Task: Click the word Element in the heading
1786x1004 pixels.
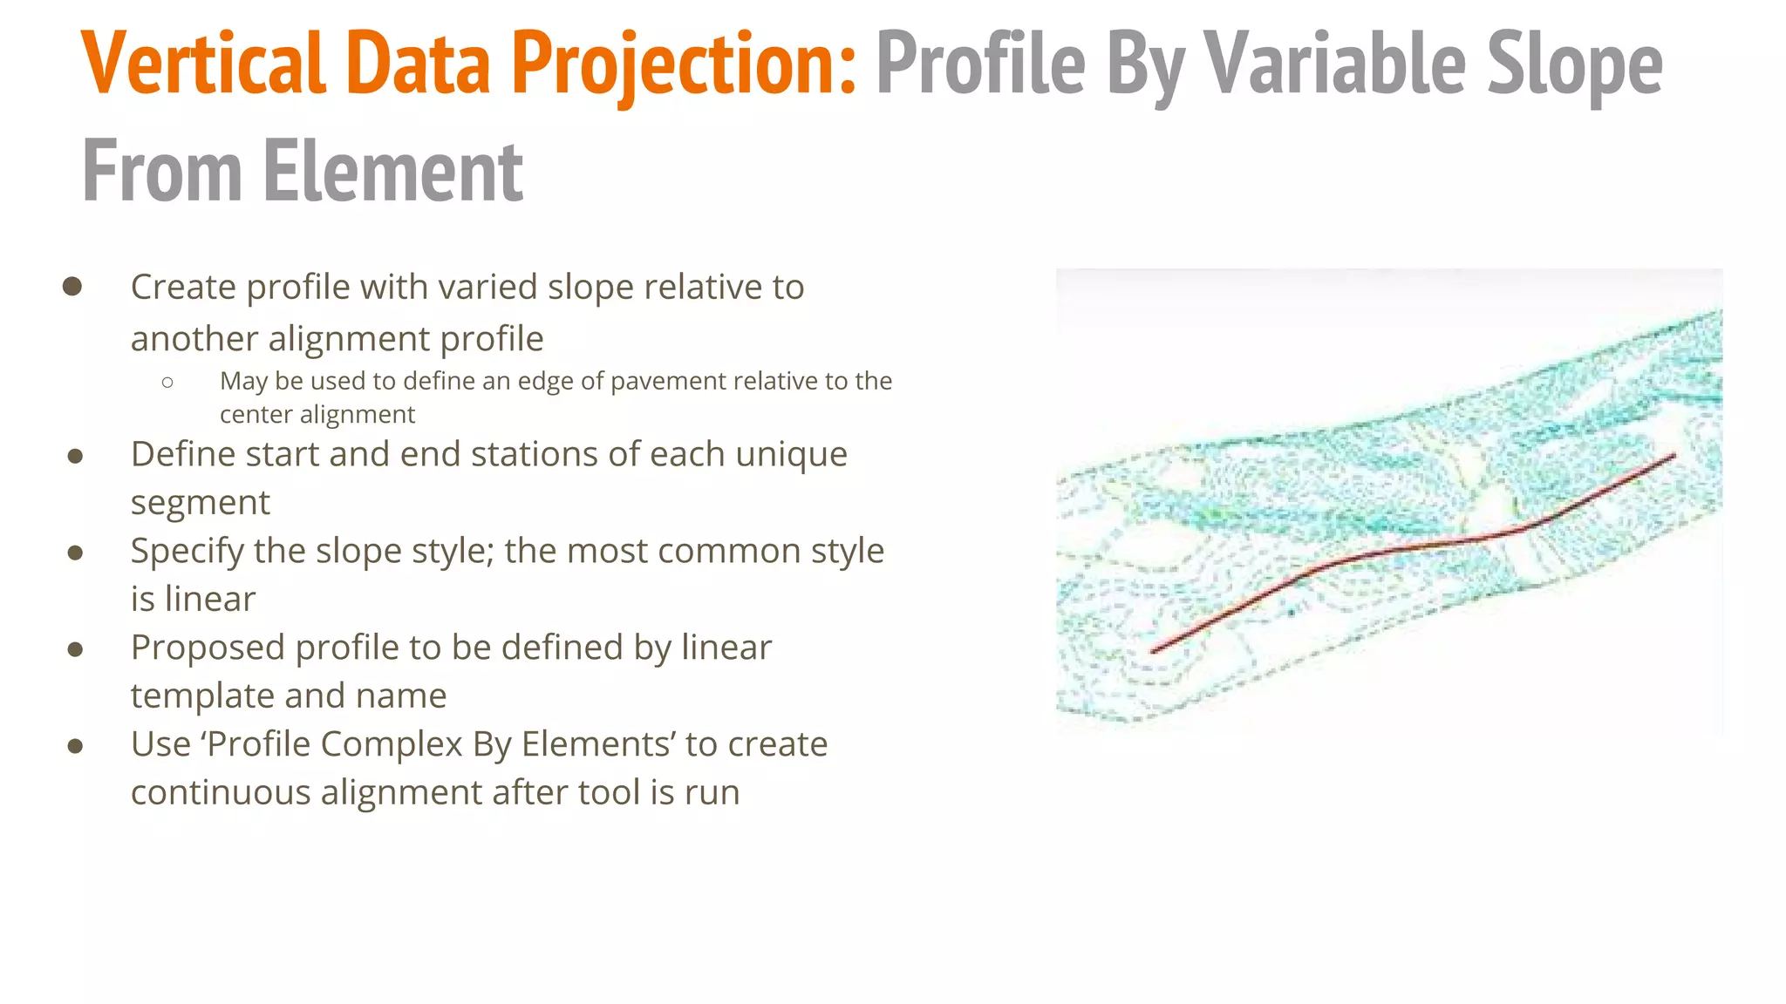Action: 392,171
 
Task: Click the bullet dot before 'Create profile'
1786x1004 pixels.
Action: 72,287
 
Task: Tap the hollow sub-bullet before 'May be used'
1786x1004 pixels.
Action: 167,382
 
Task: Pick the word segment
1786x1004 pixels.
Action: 201,503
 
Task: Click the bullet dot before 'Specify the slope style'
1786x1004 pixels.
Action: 75,553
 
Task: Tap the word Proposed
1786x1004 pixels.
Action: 208,648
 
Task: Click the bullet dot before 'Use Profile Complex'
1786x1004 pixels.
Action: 75,746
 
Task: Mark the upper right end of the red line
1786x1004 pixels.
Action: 1674,455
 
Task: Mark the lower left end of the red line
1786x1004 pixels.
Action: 1153,650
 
